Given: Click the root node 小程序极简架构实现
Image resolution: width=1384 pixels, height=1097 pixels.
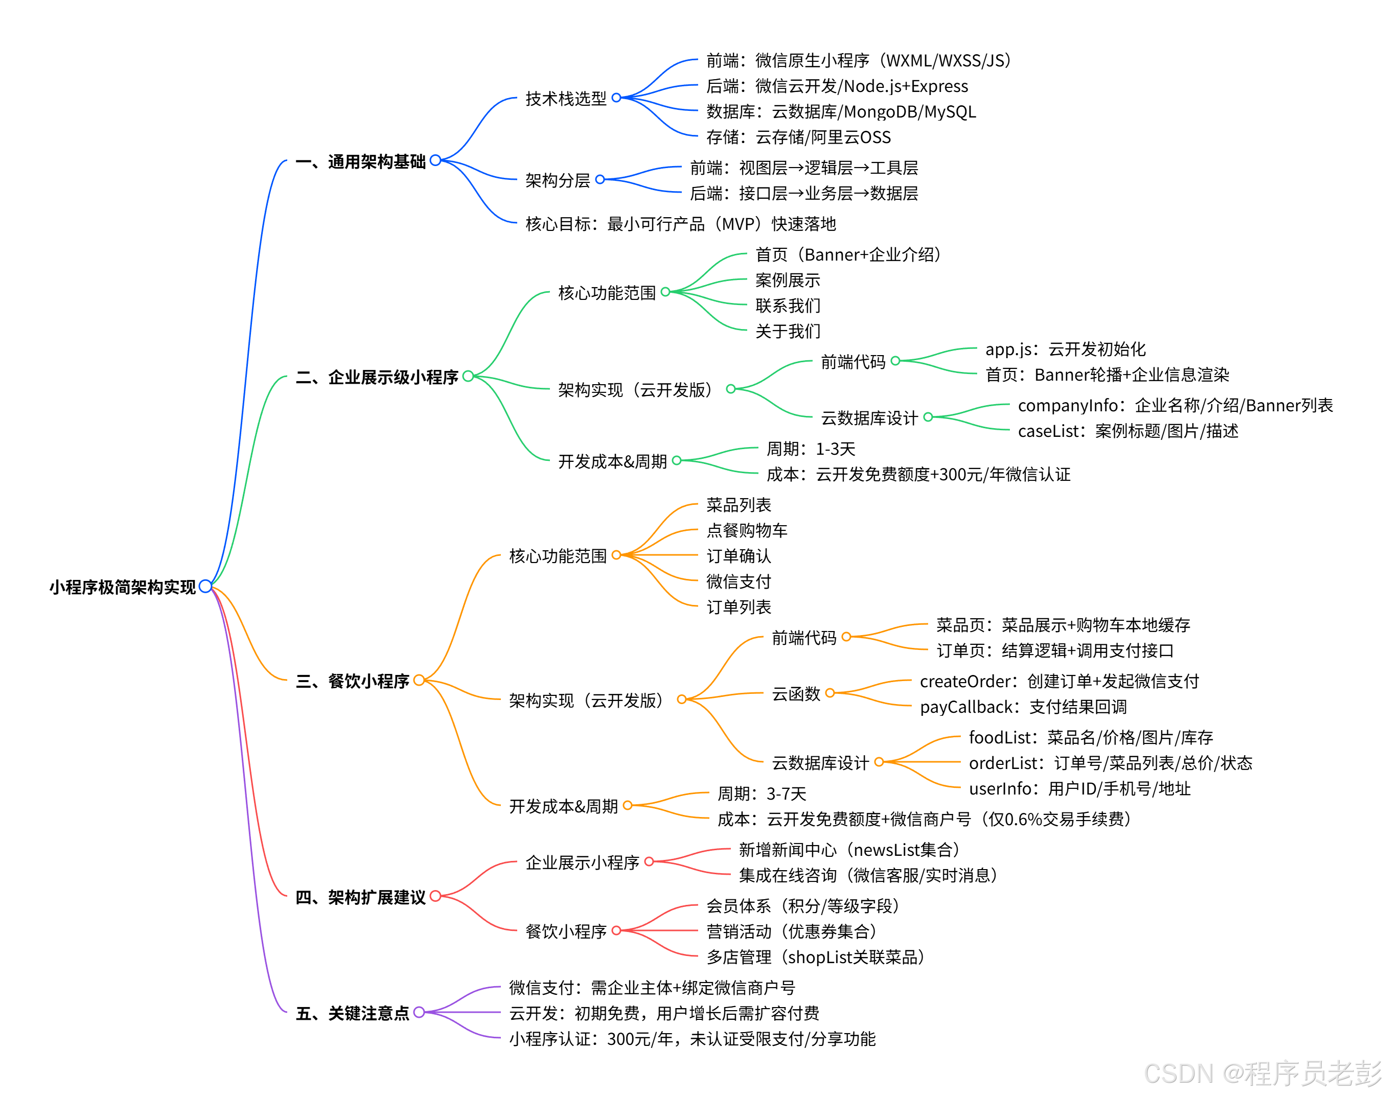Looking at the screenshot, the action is (x=122, y=587).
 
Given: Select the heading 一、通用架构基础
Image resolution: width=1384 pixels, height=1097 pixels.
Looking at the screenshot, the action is (x=360, y=161).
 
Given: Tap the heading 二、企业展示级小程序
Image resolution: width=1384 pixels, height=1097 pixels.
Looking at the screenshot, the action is (x=376, y=377).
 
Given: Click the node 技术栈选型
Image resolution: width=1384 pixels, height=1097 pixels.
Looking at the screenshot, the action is (x=566, y=98).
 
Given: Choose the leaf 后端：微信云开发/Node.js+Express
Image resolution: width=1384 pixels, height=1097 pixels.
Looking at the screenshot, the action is (x=837, y=86).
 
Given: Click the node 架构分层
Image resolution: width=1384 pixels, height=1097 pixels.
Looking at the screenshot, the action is (x=557, y=180).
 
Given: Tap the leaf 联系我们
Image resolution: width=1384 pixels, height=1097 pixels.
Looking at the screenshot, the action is (x=788, y=306).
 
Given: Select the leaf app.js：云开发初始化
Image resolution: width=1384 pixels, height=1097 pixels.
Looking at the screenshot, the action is (x=1065, y=349).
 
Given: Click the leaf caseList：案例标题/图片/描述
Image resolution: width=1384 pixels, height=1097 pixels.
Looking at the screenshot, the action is (x=1127, y=431).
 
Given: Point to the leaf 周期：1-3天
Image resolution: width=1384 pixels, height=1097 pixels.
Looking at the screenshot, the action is (x=811, y=449).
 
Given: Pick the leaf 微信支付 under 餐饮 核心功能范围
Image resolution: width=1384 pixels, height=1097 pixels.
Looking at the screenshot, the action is (x=738, y=581).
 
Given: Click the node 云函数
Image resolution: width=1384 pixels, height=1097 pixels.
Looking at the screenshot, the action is (x=796, y=693).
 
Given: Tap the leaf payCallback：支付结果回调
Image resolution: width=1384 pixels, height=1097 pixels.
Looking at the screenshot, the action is (x=1023, y=707).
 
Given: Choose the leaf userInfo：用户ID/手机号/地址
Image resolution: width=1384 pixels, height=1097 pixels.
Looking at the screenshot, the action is (x=1079, y=788).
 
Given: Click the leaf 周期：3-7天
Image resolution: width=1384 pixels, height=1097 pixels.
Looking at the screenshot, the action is (x=762, y=793).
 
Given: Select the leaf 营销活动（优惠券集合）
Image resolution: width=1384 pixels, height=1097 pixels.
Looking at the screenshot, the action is (x=791, y=931).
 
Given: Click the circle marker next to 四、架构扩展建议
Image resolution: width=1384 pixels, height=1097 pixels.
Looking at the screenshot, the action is (x=435, y=896).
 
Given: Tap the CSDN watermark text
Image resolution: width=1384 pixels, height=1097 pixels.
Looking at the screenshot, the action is (x=1262, y=1073).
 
